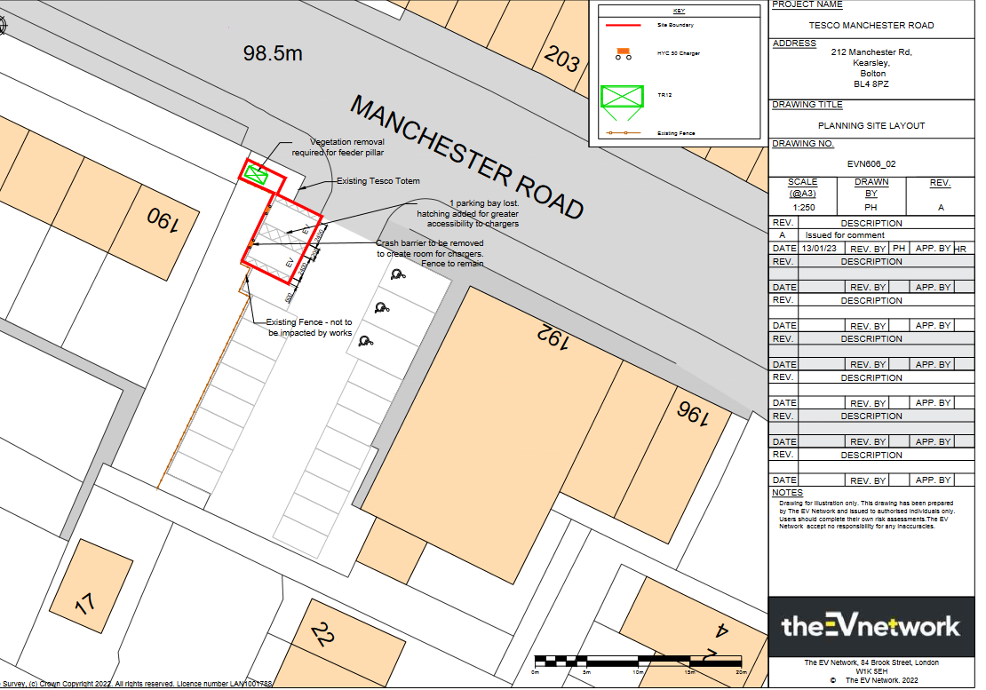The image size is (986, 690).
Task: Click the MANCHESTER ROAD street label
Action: pos(467,157)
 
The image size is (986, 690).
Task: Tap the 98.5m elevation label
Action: pos(273,54)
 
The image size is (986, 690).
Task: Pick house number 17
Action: pos(84,605)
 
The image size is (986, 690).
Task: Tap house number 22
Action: pos(323,635)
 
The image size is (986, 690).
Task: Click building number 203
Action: pos(562,59)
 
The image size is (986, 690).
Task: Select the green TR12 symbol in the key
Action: pos(622,100)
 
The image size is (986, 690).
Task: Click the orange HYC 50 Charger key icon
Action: pos(623,53)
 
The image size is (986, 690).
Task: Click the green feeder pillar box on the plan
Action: pos(257,175)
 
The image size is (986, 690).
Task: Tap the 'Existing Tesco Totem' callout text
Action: pos(378,181)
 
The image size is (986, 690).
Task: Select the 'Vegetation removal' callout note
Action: pos(347,147)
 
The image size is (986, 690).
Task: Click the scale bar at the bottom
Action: pos(637,661)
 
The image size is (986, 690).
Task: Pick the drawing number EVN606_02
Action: pos(871,164)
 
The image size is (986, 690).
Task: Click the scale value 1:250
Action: pos(803,208)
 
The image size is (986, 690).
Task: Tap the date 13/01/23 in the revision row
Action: pos(818,249)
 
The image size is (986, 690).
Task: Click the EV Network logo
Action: pos(871,625)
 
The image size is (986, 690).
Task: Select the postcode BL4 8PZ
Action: pos(871,84)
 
